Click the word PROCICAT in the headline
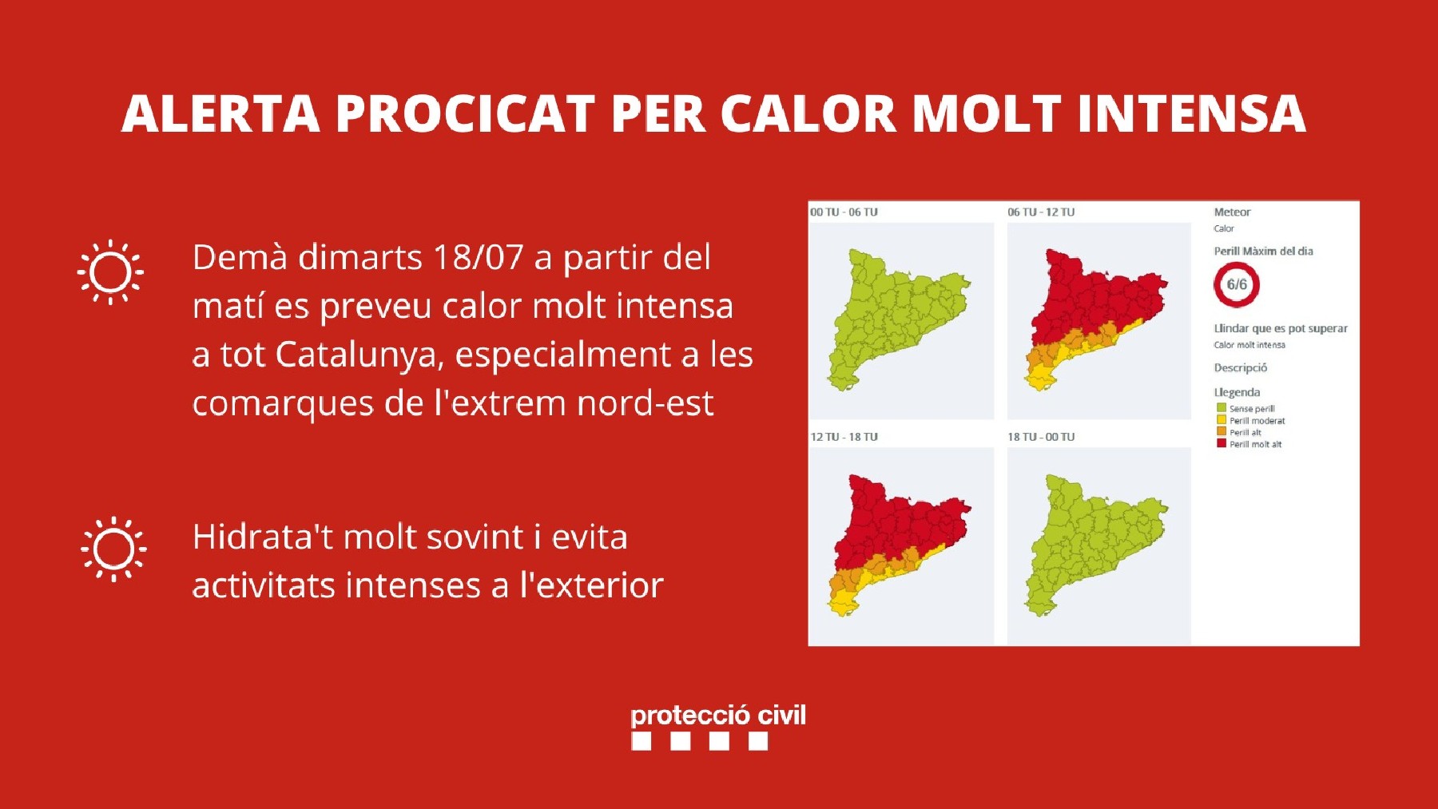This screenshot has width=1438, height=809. click(x=465, y=113)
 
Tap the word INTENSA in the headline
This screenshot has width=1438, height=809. click(x=1191, y=113)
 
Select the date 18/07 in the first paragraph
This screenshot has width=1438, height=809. click(x=478, y=258)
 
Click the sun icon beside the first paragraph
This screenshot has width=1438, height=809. click(x=110, y=272)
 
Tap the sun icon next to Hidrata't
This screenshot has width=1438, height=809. click(x=113, y=549)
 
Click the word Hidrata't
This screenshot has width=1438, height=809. click(x=263, y=537)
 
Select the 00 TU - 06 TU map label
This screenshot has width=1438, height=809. click(x=844, y=212)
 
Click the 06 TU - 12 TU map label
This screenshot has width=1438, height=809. click(x=1041, y=212)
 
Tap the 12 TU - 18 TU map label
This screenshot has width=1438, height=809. click(x=844, y=437)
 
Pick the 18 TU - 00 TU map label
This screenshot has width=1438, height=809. click(x=1041, y=437)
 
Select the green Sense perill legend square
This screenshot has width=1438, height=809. click(x=1222, y=408)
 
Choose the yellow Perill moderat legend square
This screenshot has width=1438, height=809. click(x=1222, y=420)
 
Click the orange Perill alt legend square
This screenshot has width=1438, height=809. click(x=1222, y=432)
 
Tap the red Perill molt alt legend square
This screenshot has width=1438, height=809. click(x=1222, y=444)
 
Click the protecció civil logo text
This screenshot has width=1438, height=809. click(x=718, y=716)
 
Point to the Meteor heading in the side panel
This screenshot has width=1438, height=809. click(x=1232, y=212)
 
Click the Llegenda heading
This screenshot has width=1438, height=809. click(x=1237, y=392)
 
